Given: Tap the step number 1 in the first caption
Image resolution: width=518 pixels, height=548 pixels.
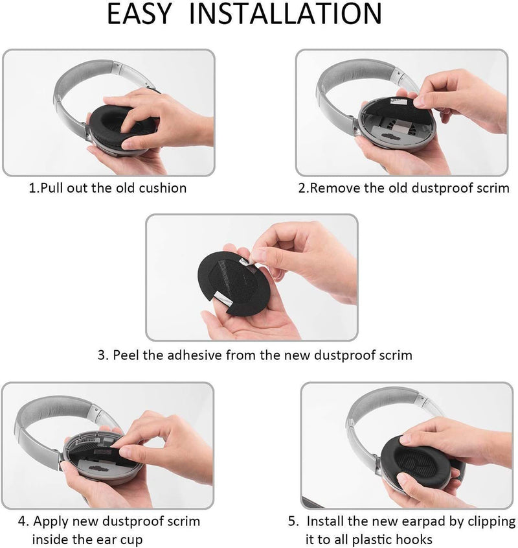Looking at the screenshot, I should coord(32,188).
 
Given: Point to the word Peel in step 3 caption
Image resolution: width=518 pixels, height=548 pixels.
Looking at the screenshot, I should coord(127,355).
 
